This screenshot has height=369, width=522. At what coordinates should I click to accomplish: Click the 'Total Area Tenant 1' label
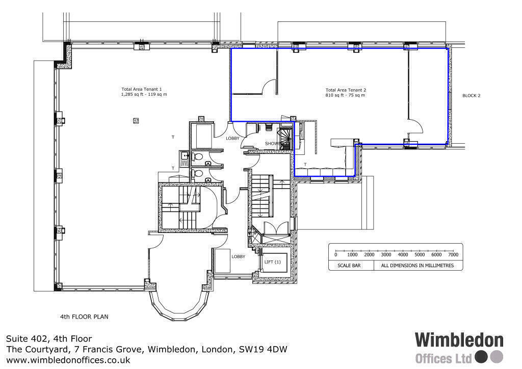[x=141, y=89]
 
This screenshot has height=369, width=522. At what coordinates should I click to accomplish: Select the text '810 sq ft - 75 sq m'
[x=346, y=95]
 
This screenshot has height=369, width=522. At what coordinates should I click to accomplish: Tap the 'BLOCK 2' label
[x=471, y=95]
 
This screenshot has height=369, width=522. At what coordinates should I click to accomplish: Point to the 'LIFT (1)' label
[x=273, y=262]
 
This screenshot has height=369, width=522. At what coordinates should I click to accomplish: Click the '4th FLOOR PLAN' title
[x=84, y=317]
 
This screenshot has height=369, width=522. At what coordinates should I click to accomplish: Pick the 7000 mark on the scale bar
[x=453, y=254]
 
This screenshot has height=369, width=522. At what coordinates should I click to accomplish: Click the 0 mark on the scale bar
[x=335, y=254]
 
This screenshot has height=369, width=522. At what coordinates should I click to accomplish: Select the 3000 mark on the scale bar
[x=386, y=254]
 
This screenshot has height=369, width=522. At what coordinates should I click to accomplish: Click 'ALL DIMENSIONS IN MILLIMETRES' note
[x=417, y=266]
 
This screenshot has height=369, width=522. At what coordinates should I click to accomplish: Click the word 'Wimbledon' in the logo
[x=459, y=340]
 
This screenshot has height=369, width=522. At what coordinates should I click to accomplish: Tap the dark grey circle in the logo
[x=481, y=357]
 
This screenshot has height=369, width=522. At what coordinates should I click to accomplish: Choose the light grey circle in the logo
[x=497, y=357]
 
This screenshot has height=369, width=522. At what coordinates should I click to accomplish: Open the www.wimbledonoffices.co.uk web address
[x=68, y=360]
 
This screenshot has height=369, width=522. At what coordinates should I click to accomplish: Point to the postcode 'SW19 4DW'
[x=264, y=349]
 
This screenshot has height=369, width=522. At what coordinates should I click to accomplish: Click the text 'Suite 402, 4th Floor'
[x=49, y=338]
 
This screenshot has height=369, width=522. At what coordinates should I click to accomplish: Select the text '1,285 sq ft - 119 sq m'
[x=144, y=95]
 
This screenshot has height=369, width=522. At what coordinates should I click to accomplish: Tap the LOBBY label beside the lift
[x=239, y=256]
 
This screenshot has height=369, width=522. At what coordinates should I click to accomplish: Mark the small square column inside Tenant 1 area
[x=136, y=120]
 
